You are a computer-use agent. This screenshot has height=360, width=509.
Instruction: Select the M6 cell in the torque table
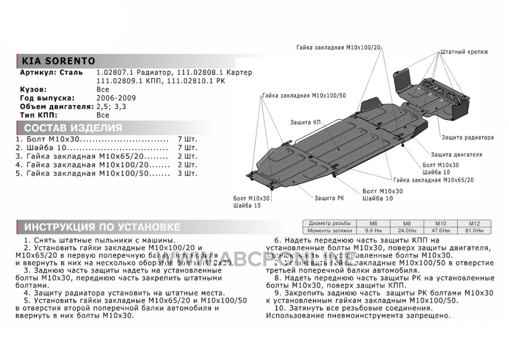pos(373,223)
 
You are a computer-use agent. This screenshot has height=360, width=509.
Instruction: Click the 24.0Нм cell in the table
pos(407,230)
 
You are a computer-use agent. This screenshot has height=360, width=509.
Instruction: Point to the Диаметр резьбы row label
pos(329,223)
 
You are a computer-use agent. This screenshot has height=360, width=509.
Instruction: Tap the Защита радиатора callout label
pos(468,137)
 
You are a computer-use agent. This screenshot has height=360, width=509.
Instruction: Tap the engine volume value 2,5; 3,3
pos(112,106)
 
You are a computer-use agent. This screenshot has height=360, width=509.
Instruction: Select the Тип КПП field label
pos(39,115)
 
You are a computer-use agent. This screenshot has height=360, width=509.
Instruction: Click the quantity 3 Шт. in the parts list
pos(188,173)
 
